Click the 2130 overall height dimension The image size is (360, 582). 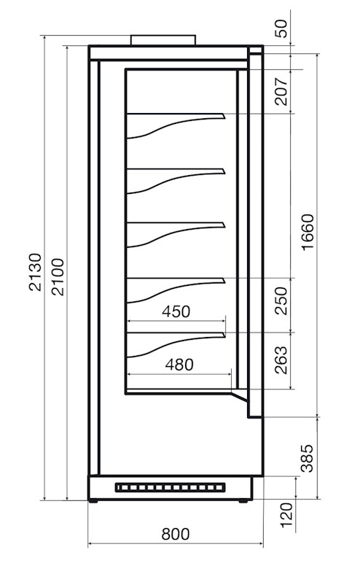(x=35, y=272)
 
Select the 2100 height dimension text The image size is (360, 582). (x=58, y=277)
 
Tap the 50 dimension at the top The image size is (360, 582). (x=281, y=28)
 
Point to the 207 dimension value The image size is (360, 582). (x=282, y=92)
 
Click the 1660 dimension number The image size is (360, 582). (x=308, y=233)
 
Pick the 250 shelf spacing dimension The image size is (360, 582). (x=281, y=300)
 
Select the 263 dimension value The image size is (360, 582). (x=281, y=360)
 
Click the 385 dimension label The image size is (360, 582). (x=307, y=458)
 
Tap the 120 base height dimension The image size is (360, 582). (x=286, y=515)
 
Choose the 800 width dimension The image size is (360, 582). (x=176, y=534)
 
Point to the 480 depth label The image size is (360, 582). (x=179, y=365)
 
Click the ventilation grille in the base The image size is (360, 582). (x=171, y=488)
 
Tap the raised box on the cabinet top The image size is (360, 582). (x=163, y=40)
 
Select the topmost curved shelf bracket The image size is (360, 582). (x=176, y=125)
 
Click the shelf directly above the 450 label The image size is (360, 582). (x=176, y=290)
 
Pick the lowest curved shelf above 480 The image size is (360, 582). (x=176, y=345)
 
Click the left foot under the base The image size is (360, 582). (x=93, y=501)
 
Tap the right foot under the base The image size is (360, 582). (x=243, y=501)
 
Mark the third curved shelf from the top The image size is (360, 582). (x=176, y=235)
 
